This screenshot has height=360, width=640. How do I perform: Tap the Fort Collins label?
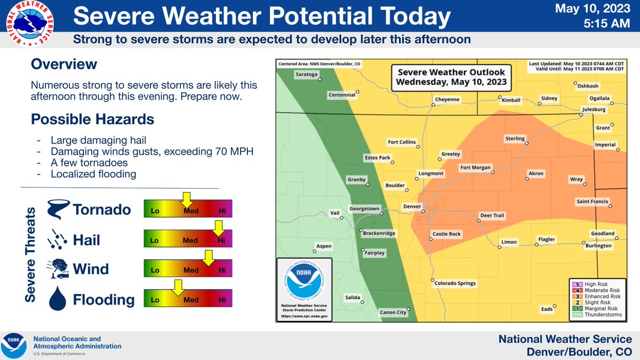pyautogui.click(x=402, y=142)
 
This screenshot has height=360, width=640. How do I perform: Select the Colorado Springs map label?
pyautogui.click(x=454, y=283)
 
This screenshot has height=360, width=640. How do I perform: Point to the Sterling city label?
pyautogui.click(x=515, y=139)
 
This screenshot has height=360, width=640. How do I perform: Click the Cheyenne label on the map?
pyautogui.click(x=447, y=99)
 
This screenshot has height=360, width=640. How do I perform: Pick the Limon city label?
pyautogui.click(x=509, y=242)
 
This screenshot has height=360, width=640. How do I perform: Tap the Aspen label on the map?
pyautogui.click(x=324, y=246)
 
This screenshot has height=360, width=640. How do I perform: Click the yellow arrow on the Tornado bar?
pyautogui.click(x=186, y=201)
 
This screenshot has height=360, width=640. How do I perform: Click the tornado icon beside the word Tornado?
pyautogui.click(x=57, y=210)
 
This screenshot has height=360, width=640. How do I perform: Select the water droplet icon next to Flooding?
pyautogui.click(x=57, y=299)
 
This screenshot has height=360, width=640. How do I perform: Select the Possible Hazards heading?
pyautogui.click(x=92, y=119)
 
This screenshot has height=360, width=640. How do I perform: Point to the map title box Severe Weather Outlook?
pyautogui.click(x=450, y=77)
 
